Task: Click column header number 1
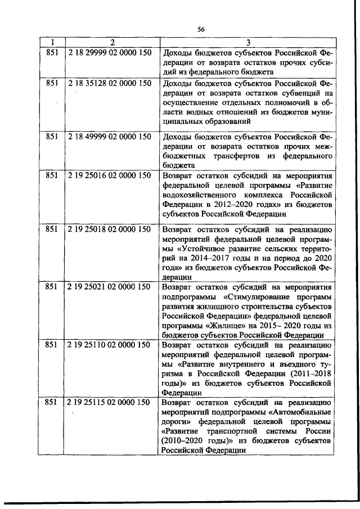pos(52,43)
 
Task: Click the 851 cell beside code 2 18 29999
pos(52,53)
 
